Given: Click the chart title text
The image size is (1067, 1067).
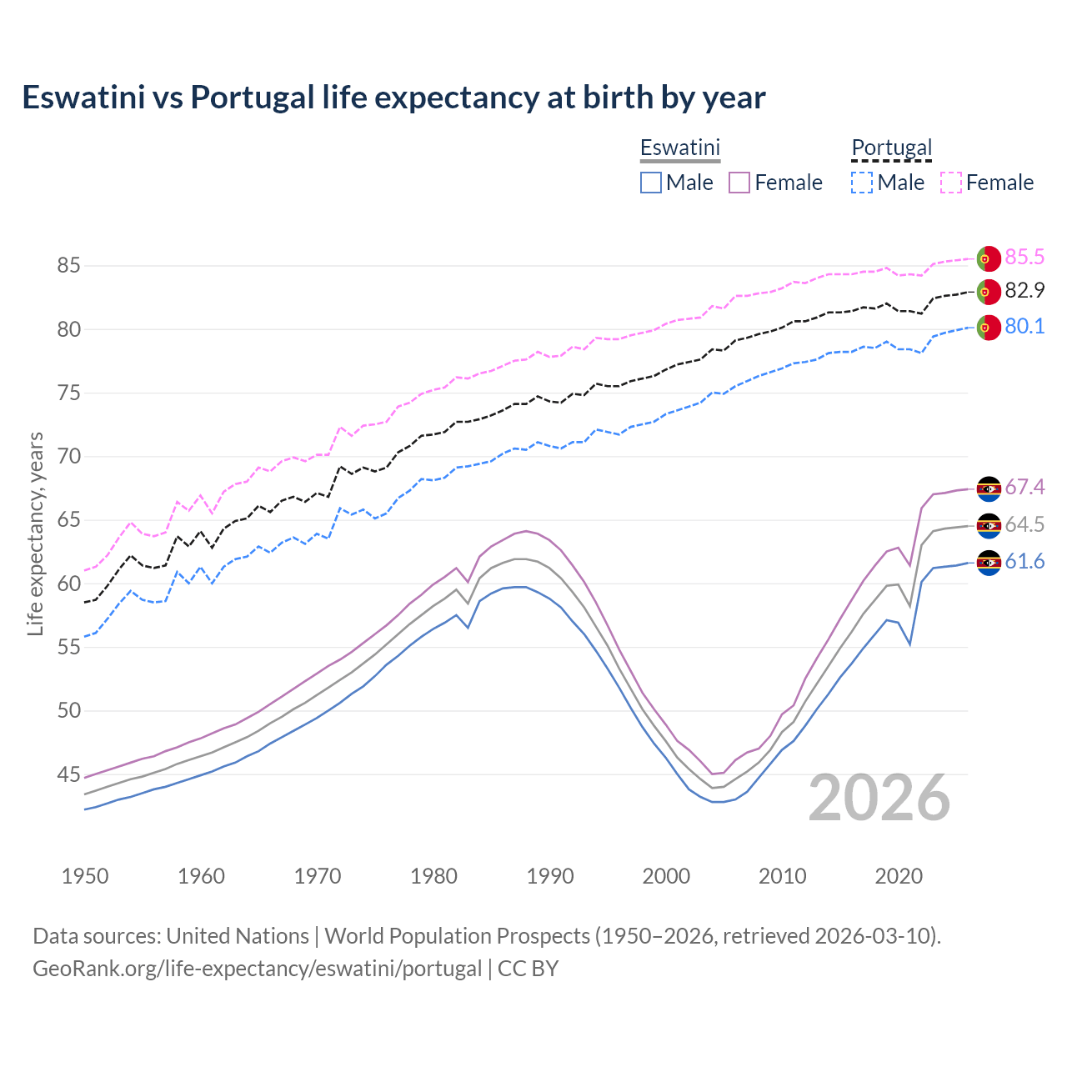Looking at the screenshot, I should (x=393, y=98).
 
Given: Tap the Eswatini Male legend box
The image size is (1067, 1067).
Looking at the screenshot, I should (x=651, y=183).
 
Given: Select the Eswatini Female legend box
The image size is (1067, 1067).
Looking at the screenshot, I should (x=739, y=183).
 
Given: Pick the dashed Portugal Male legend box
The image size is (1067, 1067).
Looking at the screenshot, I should (x=862, y=183).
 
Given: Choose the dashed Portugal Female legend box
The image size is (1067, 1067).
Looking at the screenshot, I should (x=951, y=183).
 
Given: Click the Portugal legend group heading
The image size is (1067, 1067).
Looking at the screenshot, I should (x=891, y=148).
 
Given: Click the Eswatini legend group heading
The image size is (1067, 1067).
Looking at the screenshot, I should (x=679, y=148).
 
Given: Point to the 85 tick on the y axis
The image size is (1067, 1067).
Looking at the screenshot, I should (x=68, y=266).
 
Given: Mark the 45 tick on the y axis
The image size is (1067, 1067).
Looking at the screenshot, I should (x=68, y=775).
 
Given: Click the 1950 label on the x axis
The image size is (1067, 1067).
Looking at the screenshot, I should (x=85, y=876).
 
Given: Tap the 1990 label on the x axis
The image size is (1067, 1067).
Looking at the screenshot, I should (x=550, y=876).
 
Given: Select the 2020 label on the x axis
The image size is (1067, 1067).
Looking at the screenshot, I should (x=899, y=876).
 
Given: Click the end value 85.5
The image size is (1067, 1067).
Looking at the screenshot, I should (x=1024, y=257).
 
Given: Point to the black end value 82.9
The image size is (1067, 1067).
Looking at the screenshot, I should (x=1024, y=291).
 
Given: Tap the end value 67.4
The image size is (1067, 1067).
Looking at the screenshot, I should (x=1024, y=487).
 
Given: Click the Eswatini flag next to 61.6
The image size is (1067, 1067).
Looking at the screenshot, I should (x=989, y=563).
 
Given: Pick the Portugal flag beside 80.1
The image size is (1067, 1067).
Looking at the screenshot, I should (x=989, y=328).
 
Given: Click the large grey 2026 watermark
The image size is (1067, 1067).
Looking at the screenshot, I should (x=879, y=798).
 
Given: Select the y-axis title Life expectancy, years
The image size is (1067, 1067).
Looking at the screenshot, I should (x=35, y=533).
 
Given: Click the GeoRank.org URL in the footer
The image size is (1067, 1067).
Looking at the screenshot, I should (x=257, y=969).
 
